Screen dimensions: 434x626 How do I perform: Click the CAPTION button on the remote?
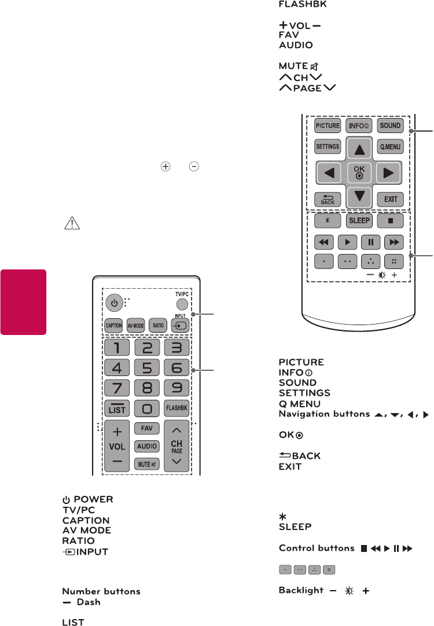(114, 325)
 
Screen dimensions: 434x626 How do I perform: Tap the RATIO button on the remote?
(157, 325)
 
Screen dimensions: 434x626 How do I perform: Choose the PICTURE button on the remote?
(328, 126)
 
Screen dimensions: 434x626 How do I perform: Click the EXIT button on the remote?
(391, 199)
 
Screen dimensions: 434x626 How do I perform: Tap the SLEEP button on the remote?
(359, 221)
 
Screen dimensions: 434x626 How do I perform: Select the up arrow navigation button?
(359, 149)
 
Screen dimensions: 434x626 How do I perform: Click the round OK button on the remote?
(359, 172)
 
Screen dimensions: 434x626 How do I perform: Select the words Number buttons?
(101, 592)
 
